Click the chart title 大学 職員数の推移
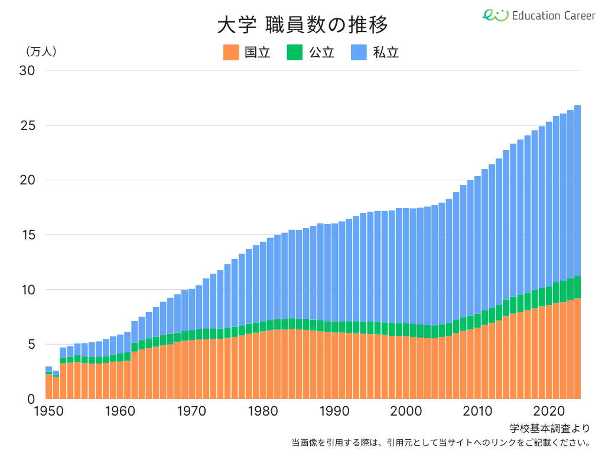pos(302,25)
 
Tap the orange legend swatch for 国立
pos(231,52)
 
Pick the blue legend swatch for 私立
pos(359,52)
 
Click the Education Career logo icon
pos(495,15)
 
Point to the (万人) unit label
pos(41,51)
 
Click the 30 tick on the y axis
pos(27,70)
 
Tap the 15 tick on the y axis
pos(27,235)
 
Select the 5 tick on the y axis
pos(31,344)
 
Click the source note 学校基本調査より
pos(549,427)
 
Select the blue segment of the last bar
pos(577,189)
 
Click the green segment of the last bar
pos(577,287)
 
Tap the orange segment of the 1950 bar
pos(48,387)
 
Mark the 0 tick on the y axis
pos(31,399)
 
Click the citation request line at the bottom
pos(441,442)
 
